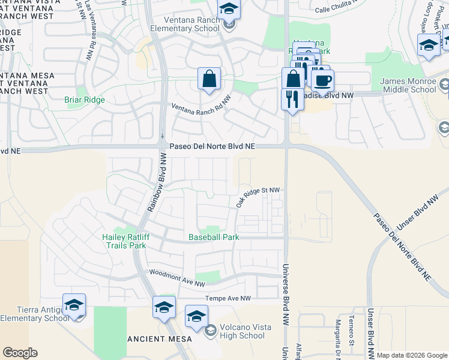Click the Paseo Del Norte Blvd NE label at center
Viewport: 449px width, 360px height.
212,146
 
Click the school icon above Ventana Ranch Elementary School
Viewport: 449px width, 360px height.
229,10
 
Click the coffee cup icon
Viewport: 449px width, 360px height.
322,81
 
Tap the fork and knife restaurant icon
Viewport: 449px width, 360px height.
292,99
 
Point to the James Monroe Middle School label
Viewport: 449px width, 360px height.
408,85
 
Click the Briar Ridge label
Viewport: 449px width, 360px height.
85,100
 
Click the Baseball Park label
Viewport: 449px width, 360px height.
214,237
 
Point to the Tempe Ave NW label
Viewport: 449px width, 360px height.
228,298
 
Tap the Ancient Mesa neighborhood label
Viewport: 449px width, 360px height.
160,339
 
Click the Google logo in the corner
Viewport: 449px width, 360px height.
20,353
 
